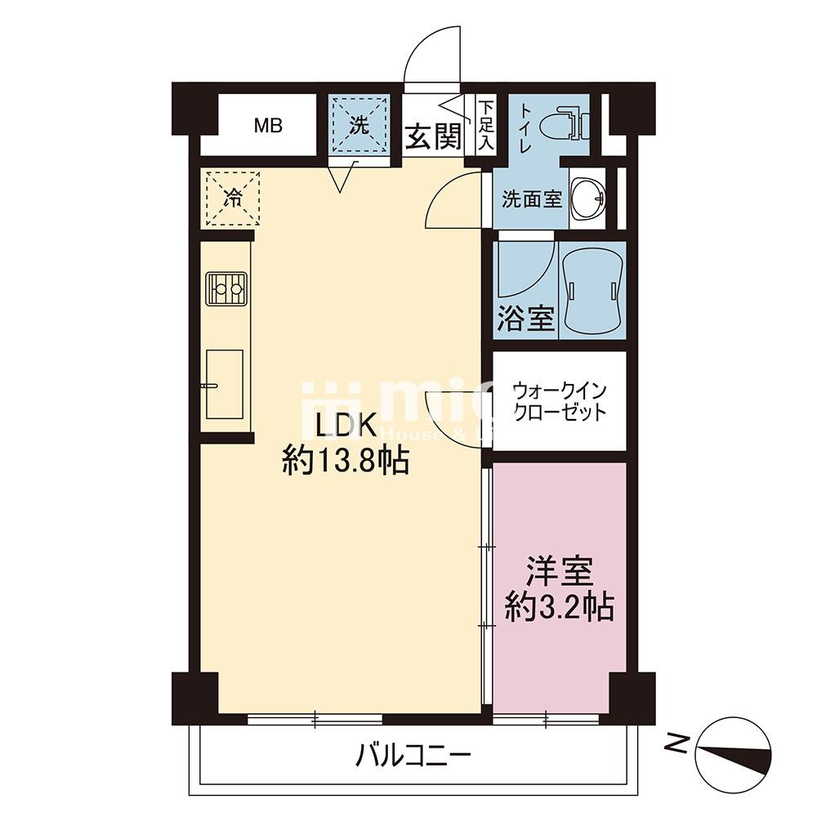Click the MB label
click(267, 126)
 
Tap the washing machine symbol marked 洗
click(359, 126)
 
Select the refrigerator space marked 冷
click(233, 199)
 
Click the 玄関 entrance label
click(433, 137)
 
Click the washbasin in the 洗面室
click(587, 199)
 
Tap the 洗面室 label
click(532, 199)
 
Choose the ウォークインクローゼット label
click(560, 400)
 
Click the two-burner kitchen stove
click(225, 288)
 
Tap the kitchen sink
click(224, 383)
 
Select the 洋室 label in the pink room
click(559, 569)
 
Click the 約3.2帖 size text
click(559, 607)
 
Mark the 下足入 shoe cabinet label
click(485, 125)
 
